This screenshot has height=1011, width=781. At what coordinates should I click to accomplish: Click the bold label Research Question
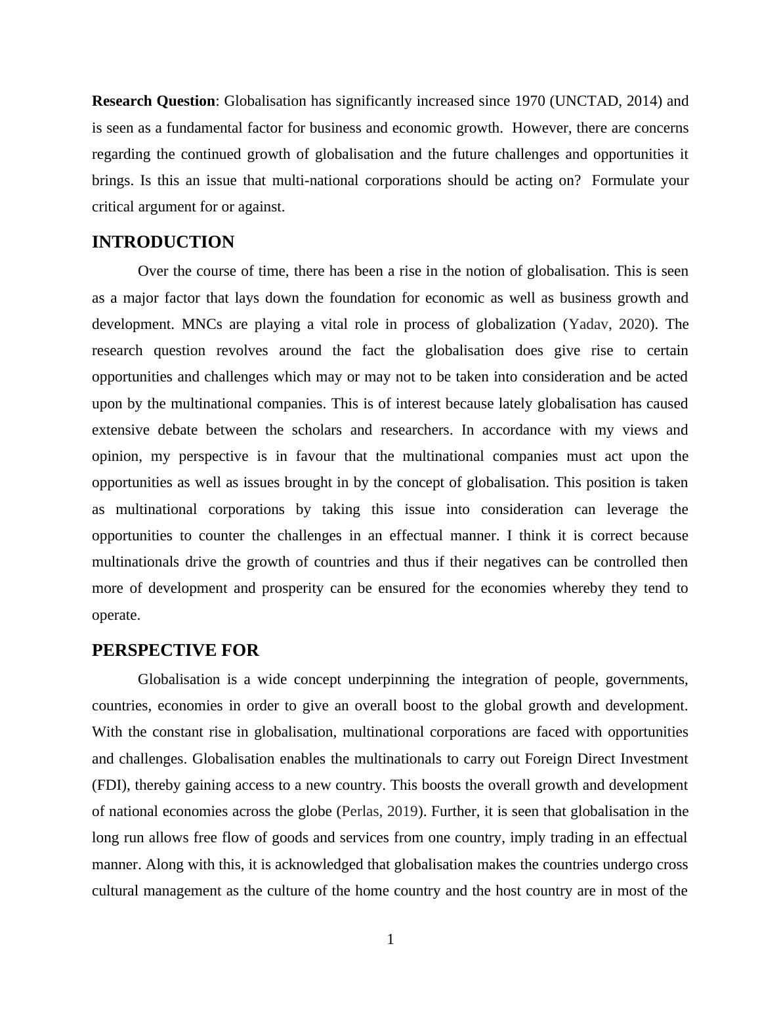click(x=154, y=101)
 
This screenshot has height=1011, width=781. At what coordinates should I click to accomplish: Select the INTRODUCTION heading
click(x=163, y=242)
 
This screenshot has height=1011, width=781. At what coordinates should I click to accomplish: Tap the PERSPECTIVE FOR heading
click(x=175, y=651)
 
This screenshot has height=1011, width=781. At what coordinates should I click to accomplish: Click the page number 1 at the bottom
click(x=390, y=939)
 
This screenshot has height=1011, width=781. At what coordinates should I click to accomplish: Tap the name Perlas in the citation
click(x=361, y=811)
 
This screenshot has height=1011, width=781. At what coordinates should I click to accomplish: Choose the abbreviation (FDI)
click(x=110, y=785)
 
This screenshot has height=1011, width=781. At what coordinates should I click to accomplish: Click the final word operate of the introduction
click(x=116, y=616)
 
